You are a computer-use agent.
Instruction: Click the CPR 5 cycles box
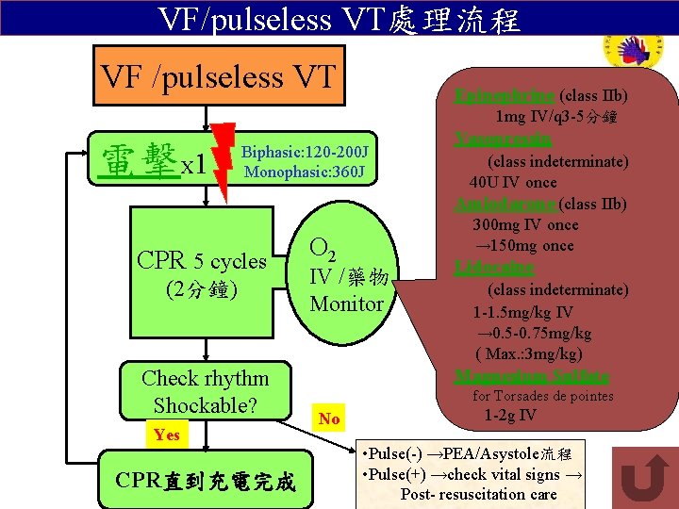[x=202, y=273]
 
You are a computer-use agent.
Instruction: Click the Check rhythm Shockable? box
[x=205, y=391]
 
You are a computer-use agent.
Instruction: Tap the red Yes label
[x=166, y=435]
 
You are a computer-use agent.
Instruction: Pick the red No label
[x=329, y=419]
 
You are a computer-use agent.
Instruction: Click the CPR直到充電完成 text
[x=206, y=484]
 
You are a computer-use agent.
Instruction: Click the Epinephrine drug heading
[x=505, y=96]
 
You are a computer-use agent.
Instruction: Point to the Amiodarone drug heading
[x=505, y=204]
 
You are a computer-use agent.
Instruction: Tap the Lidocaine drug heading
[x=494, y=268]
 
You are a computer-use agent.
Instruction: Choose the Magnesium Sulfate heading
[x=518, y=376]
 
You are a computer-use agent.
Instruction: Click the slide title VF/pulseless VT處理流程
[x=339, y=18]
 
